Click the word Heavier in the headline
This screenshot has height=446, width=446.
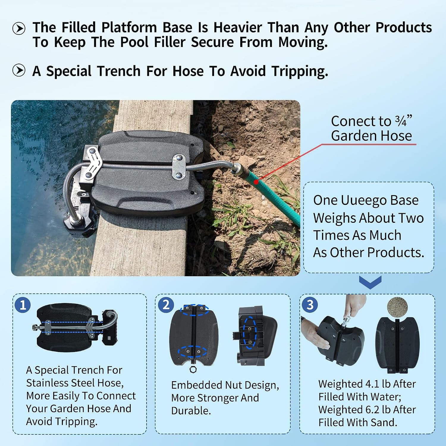point(238,27)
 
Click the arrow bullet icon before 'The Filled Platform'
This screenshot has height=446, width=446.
point(19,29)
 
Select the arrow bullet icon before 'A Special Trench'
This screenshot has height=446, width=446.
point(19,70)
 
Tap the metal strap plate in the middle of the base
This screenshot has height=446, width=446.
point(179,167)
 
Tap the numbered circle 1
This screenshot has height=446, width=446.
point(23,305)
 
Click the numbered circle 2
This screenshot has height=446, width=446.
point(166,305)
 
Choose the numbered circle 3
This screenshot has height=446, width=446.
point(310,305)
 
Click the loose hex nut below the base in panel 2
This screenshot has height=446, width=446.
point(192,370)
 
